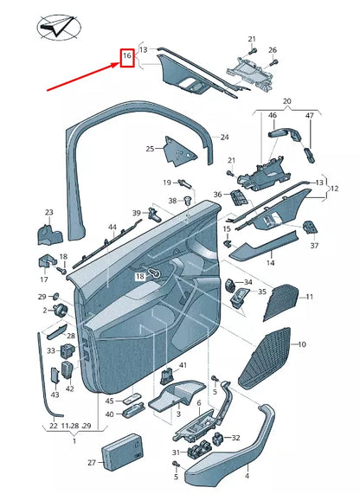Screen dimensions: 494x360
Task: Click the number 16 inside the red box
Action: coord(126,58)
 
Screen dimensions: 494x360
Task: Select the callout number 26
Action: coord(273,50)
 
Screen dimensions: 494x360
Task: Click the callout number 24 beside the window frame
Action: coord(224,137)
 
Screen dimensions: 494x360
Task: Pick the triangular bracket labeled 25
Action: coord(178,151)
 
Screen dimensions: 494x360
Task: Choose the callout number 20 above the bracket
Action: coord(287,101)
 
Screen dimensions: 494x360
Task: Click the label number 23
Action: coord(49,212)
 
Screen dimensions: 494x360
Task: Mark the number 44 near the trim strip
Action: coord(112,228)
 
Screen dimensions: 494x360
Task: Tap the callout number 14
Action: coord(270,261)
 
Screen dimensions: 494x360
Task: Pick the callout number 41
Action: coord(183,367)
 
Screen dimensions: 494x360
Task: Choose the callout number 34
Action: coord(247,283)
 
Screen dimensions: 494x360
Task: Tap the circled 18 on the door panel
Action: coord(139,275)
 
